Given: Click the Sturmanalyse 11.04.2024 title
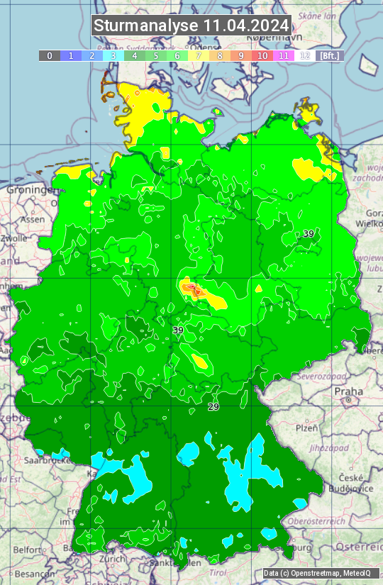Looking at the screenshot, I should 191,26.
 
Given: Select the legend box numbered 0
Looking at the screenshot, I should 49,55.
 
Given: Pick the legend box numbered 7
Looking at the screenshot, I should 199,55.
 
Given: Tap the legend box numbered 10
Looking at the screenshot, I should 262,55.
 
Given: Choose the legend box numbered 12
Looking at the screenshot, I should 305,55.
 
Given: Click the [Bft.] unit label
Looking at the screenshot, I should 330,55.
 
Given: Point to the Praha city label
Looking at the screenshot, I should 348,391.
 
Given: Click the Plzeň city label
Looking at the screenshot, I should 306,428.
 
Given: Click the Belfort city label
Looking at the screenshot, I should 27,549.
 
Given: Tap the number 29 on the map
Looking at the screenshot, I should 213,406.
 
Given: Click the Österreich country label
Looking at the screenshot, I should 360,547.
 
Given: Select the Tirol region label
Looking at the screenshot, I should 218,572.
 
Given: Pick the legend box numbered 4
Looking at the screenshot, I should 135,55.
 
